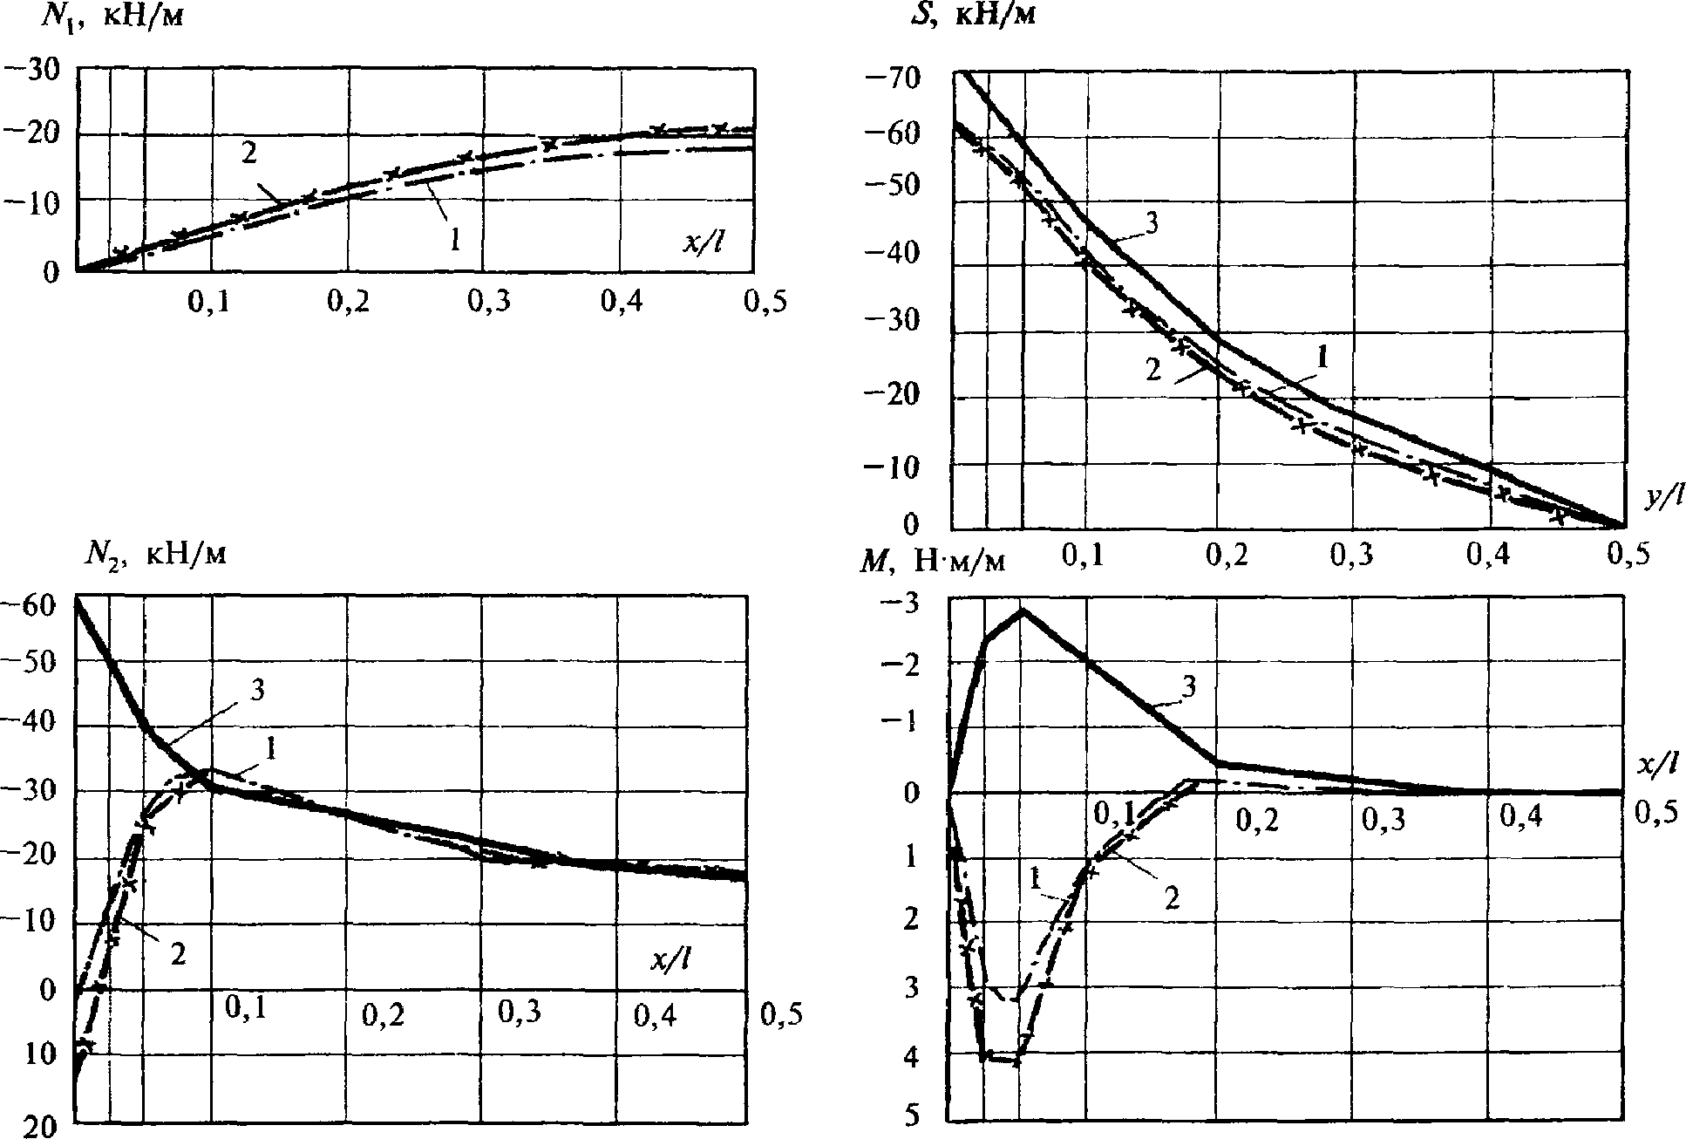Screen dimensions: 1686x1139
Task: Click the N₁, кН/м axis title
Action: (112, 15)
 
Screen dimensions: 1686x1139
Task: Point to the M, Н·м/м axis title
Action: (933, 561)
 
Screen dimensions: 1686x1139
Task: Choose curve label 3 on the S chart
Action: (1150, 222)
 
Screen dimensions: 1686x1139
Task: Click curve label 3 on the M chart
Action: (1188, 687)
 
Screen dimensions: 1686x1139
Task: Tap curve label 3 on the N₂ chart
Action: (257, 690)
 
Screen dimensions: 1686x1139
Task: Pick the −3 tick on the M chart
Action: (903, 604)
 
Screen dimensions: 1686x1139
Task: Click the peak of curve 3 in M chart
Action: (1023, 610)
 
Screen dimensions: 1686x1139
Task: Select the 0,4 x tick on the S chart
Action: (1489, 556)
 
